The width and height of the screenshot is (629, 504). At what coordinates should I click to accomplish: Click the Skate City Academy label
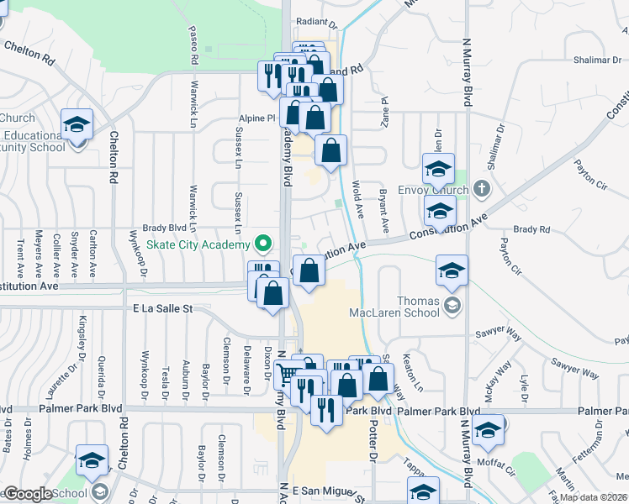[x=198, y=244]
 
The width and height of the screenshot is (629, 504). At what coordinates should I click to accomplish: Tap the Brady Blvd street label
[x=164, y=228]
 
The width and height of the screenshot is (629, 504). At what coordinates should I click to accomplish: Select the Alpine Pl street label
[x=260, y=118]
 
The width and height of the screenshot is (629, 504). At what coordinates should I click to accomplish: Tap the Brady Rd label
[x=531, y=228]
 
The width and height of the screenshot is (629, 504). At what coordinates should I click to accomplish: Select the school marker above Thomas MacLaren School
[x=452, y=270]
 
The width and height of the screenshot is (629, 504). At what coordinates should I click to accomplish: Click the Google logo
[x=27, y=495]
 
